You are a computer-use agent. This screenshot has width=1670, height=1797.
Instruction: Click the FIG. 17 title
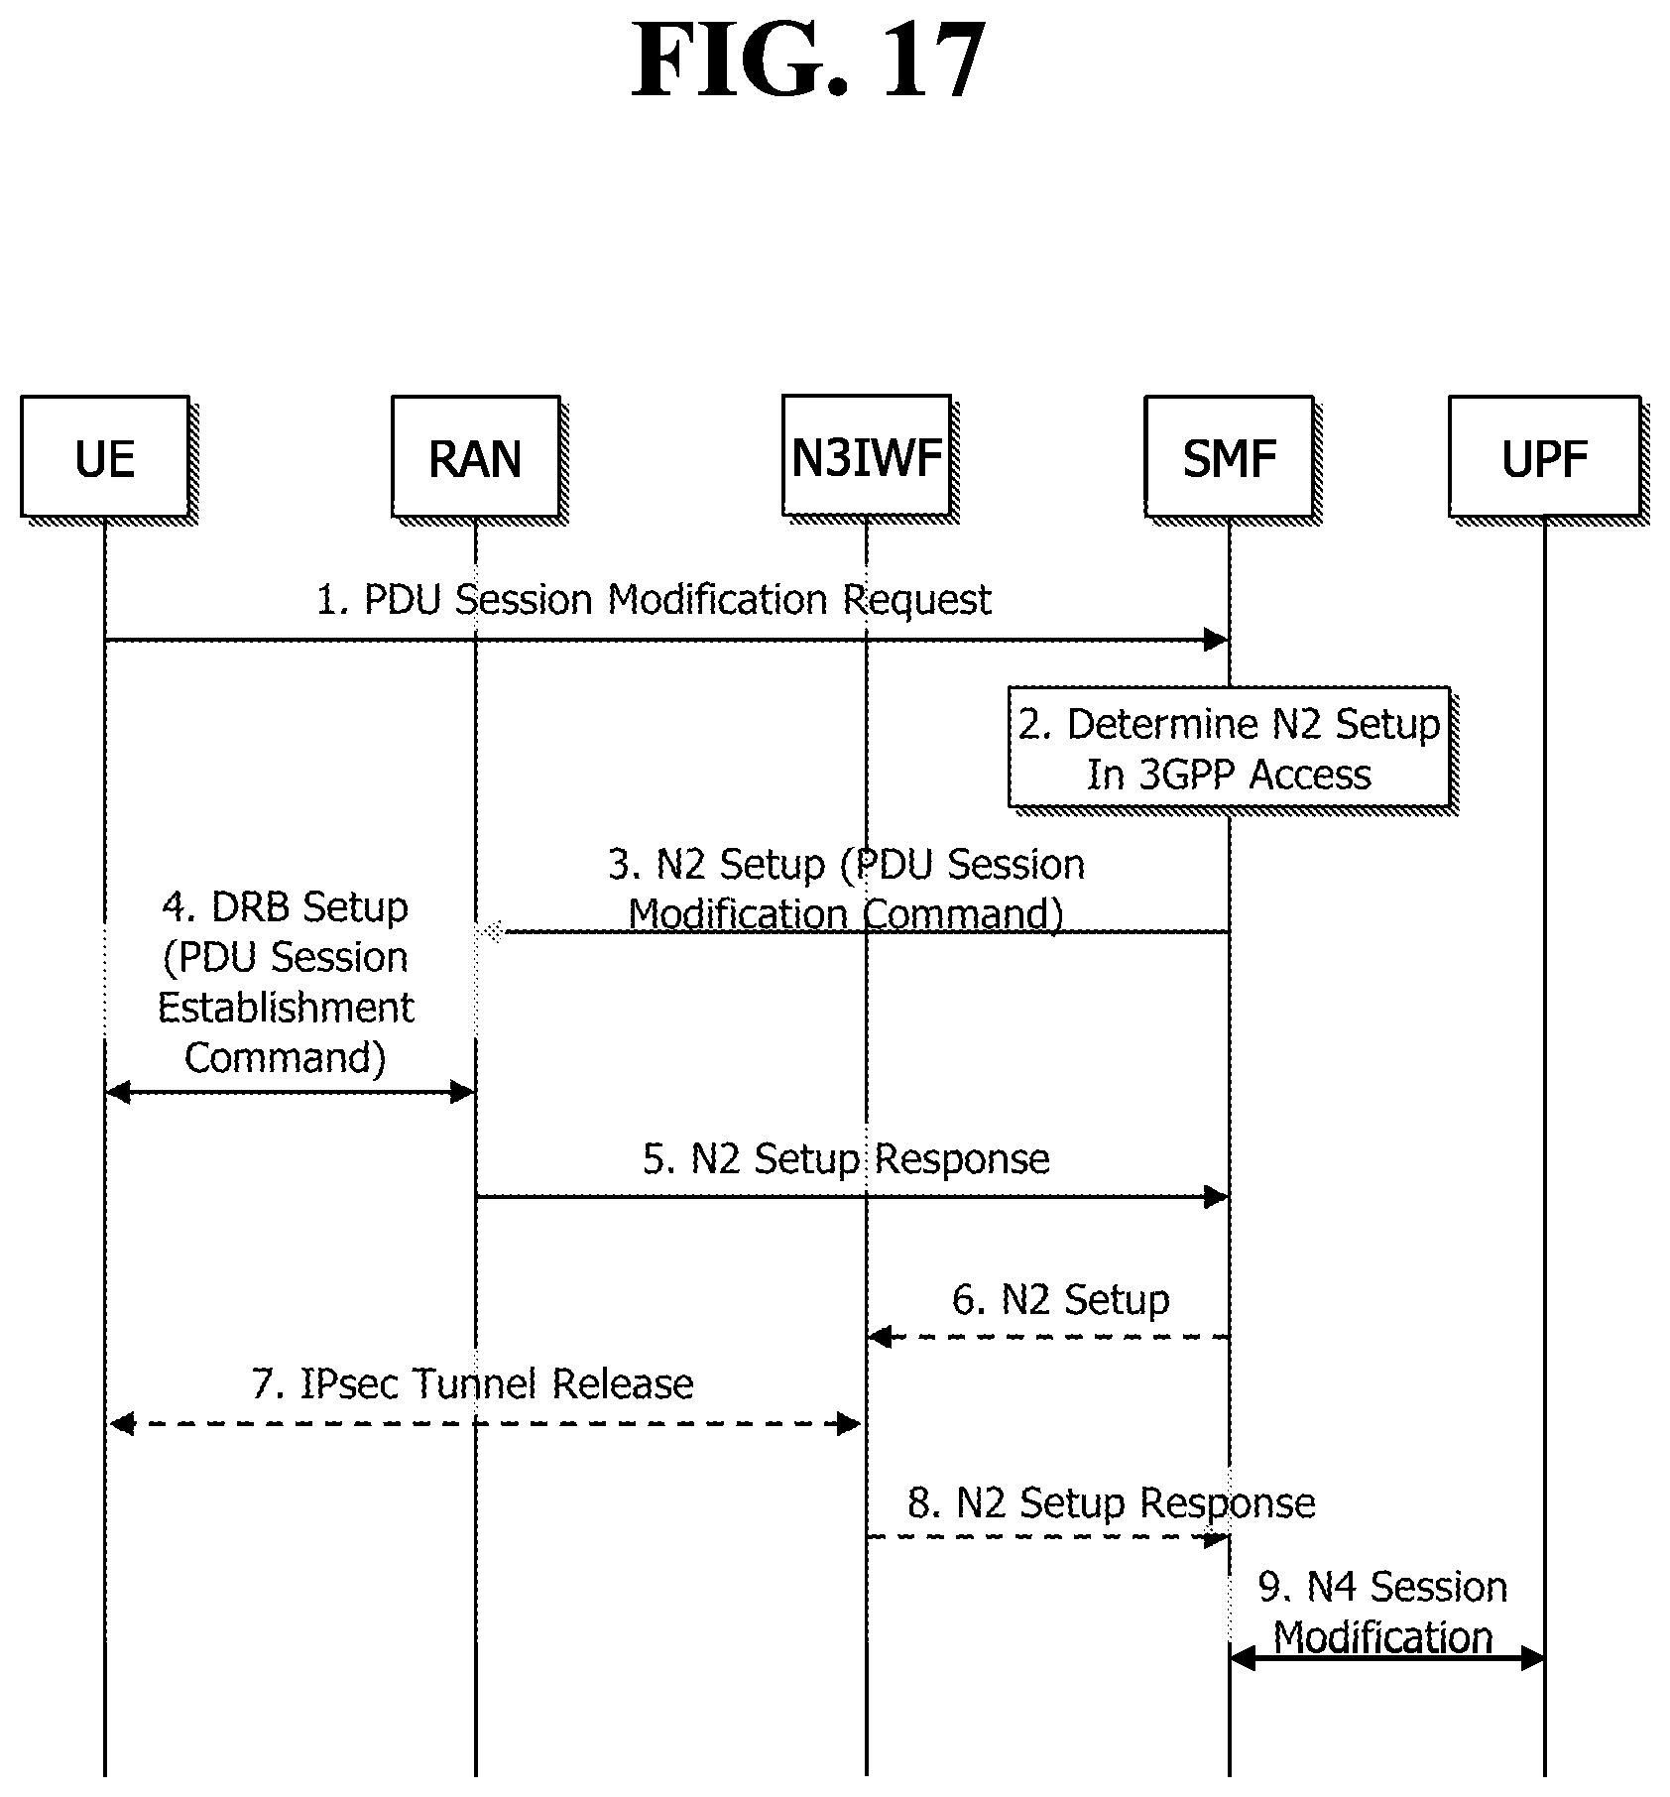coord(809,61)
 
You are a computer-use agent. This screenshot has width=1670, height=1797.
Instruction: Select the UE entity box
coord(105,456)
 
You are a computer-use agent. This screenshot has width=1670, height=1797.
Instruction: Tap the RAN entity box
coord(476,456)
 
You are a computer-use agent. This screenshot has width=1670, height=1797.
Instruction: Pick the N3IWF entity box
coord(867,456)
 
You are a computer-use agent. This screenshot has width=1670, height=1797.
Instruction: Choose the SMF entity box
coord(1230,456)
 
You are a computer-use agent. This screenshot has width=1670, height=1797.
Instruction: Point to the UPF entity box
coord(1544,456)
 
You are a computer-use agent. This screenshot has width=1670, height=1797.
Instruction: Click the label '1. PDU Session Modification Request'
coord(654,600)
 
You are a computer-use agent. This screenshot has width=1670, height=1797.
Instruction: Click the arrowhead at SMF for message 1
coord(1217,640)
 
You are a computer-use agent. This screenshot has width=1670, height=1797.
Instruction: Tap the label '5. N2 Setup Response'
coord(846,1158)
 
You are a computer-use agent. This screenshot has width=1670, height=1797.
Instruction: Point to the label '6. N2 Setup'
coord(1061,1299)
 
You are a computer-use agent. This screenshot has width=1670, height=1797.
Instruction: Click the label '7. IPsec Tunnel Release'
coord(473,1383)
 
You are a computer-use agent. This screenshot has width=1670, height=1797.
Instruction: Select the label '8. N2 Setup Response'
coord(1112,1503)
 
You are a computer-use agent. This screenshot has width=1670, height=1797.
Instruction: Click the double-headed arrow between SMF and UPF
coord(1386,1657)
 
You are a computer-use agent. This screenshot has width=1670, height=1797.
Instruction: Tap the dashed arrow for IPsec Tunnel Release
coord(485,1424)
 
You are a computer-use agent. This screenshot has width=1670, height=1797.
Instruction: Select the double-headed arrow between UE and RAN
coord(291,1093)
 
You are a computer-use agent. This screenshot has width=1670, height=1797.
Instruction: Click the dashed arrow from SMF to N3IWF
coord(1048,1337)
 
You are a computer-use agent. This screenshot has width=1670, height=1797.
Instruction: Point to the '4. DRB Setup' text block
coord(286,982)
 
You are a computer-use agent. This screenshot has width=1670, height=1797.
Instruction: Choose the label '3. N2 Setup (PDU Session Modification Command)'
coord(846,889)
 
